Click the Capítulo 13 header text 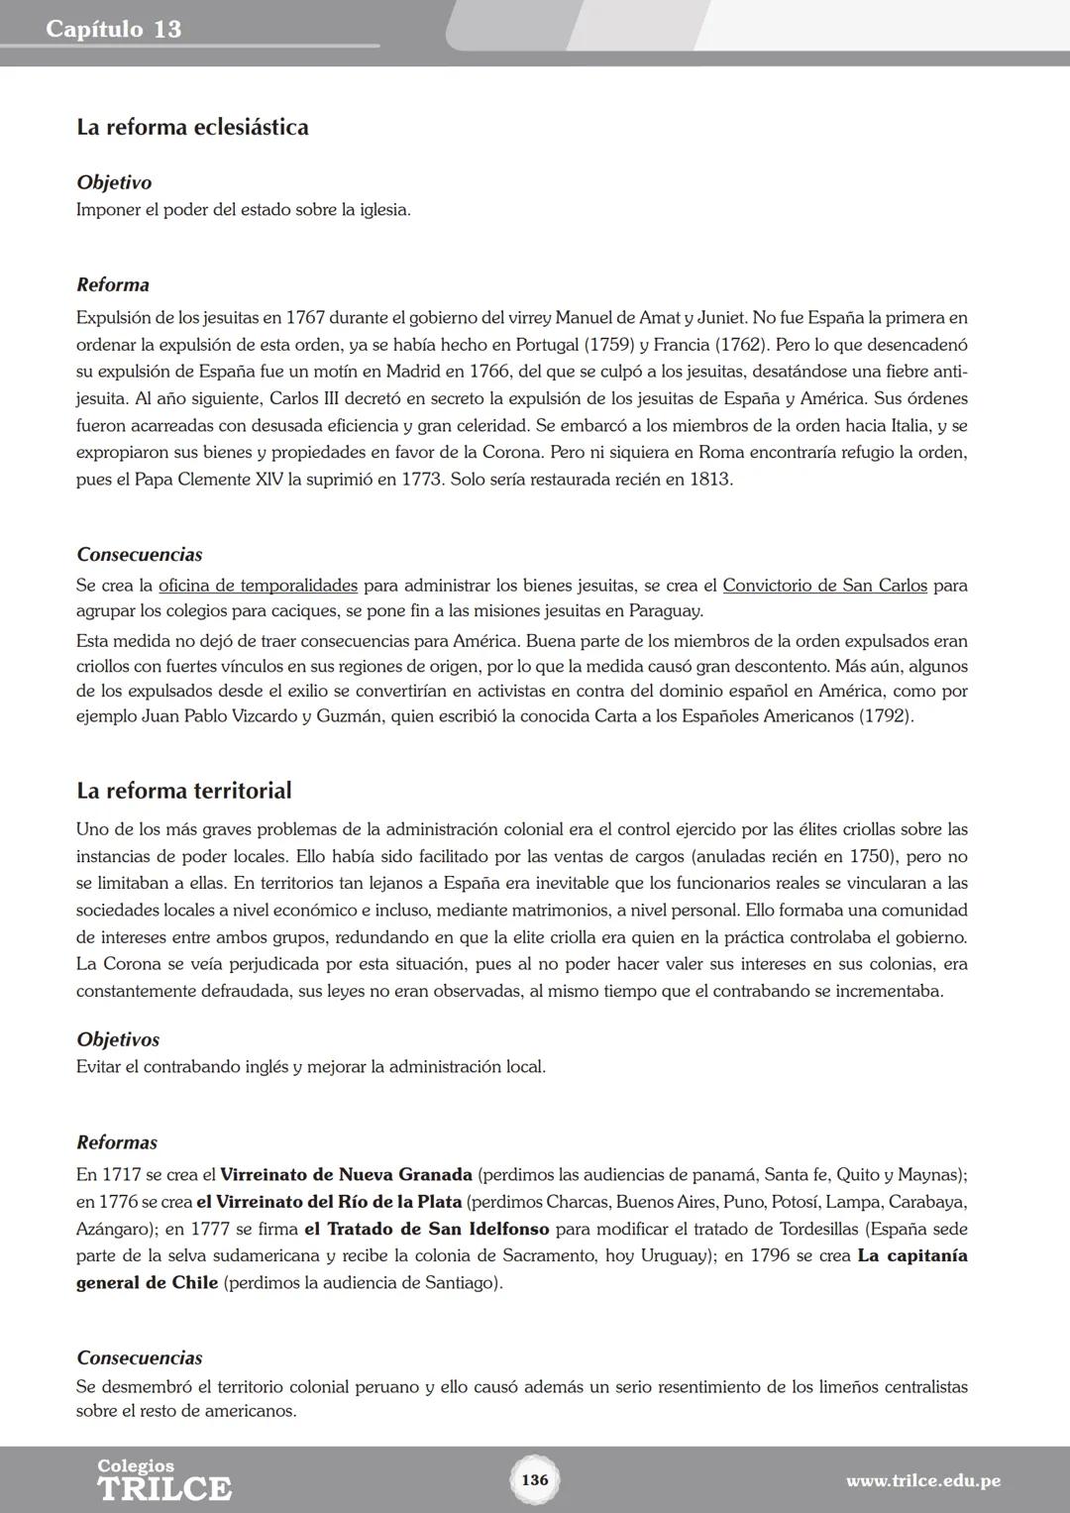point(113,29)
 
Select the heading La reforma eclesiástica point(192,127)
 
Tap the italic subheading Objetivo point(114,182)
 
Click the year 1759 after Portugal point(611,345)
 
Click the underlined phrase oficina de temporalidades point(258,586)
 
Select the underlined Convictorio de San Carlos point(824,586)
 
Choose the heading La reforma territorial point(183,791)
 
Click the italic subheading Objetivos point(118,1039)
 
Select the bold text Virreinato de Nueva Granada point(346,1175)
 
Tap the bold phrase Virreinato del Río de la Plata point(329,1202)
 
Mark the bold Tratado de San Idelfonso point(426,1230)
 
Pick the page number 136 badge point(534,1480)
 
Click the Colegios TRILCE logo point(163,1480)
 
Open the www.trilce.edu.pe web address point(922,1481)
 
